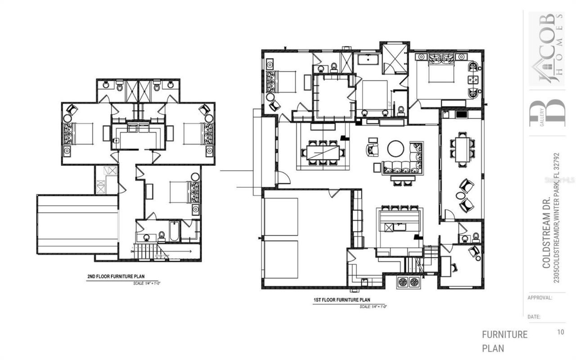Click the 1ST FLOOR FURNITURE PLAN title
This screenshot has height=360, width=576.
tap(342, 300)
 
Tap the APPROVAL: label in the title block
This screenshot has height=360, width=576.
tap(540, 298)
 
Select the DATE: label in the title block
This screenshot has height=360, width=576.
tap(534, 317)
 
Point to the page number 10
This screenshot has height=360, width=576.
tap(560, 332)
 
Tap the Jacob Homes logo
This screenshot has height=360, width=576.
tap(546, 49)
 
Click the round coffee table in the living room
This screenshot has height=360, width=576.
tap(396, 148)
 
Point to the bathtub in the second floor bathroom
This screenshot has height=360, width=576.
tap(174, 231)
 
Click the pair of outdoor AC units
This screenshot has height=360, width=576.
tap(408, 282)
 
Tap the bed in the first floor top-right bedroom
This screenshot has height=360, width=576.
tap(441, 72)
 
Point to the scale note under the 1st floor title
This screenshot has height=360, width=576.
tap(373, 306)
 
